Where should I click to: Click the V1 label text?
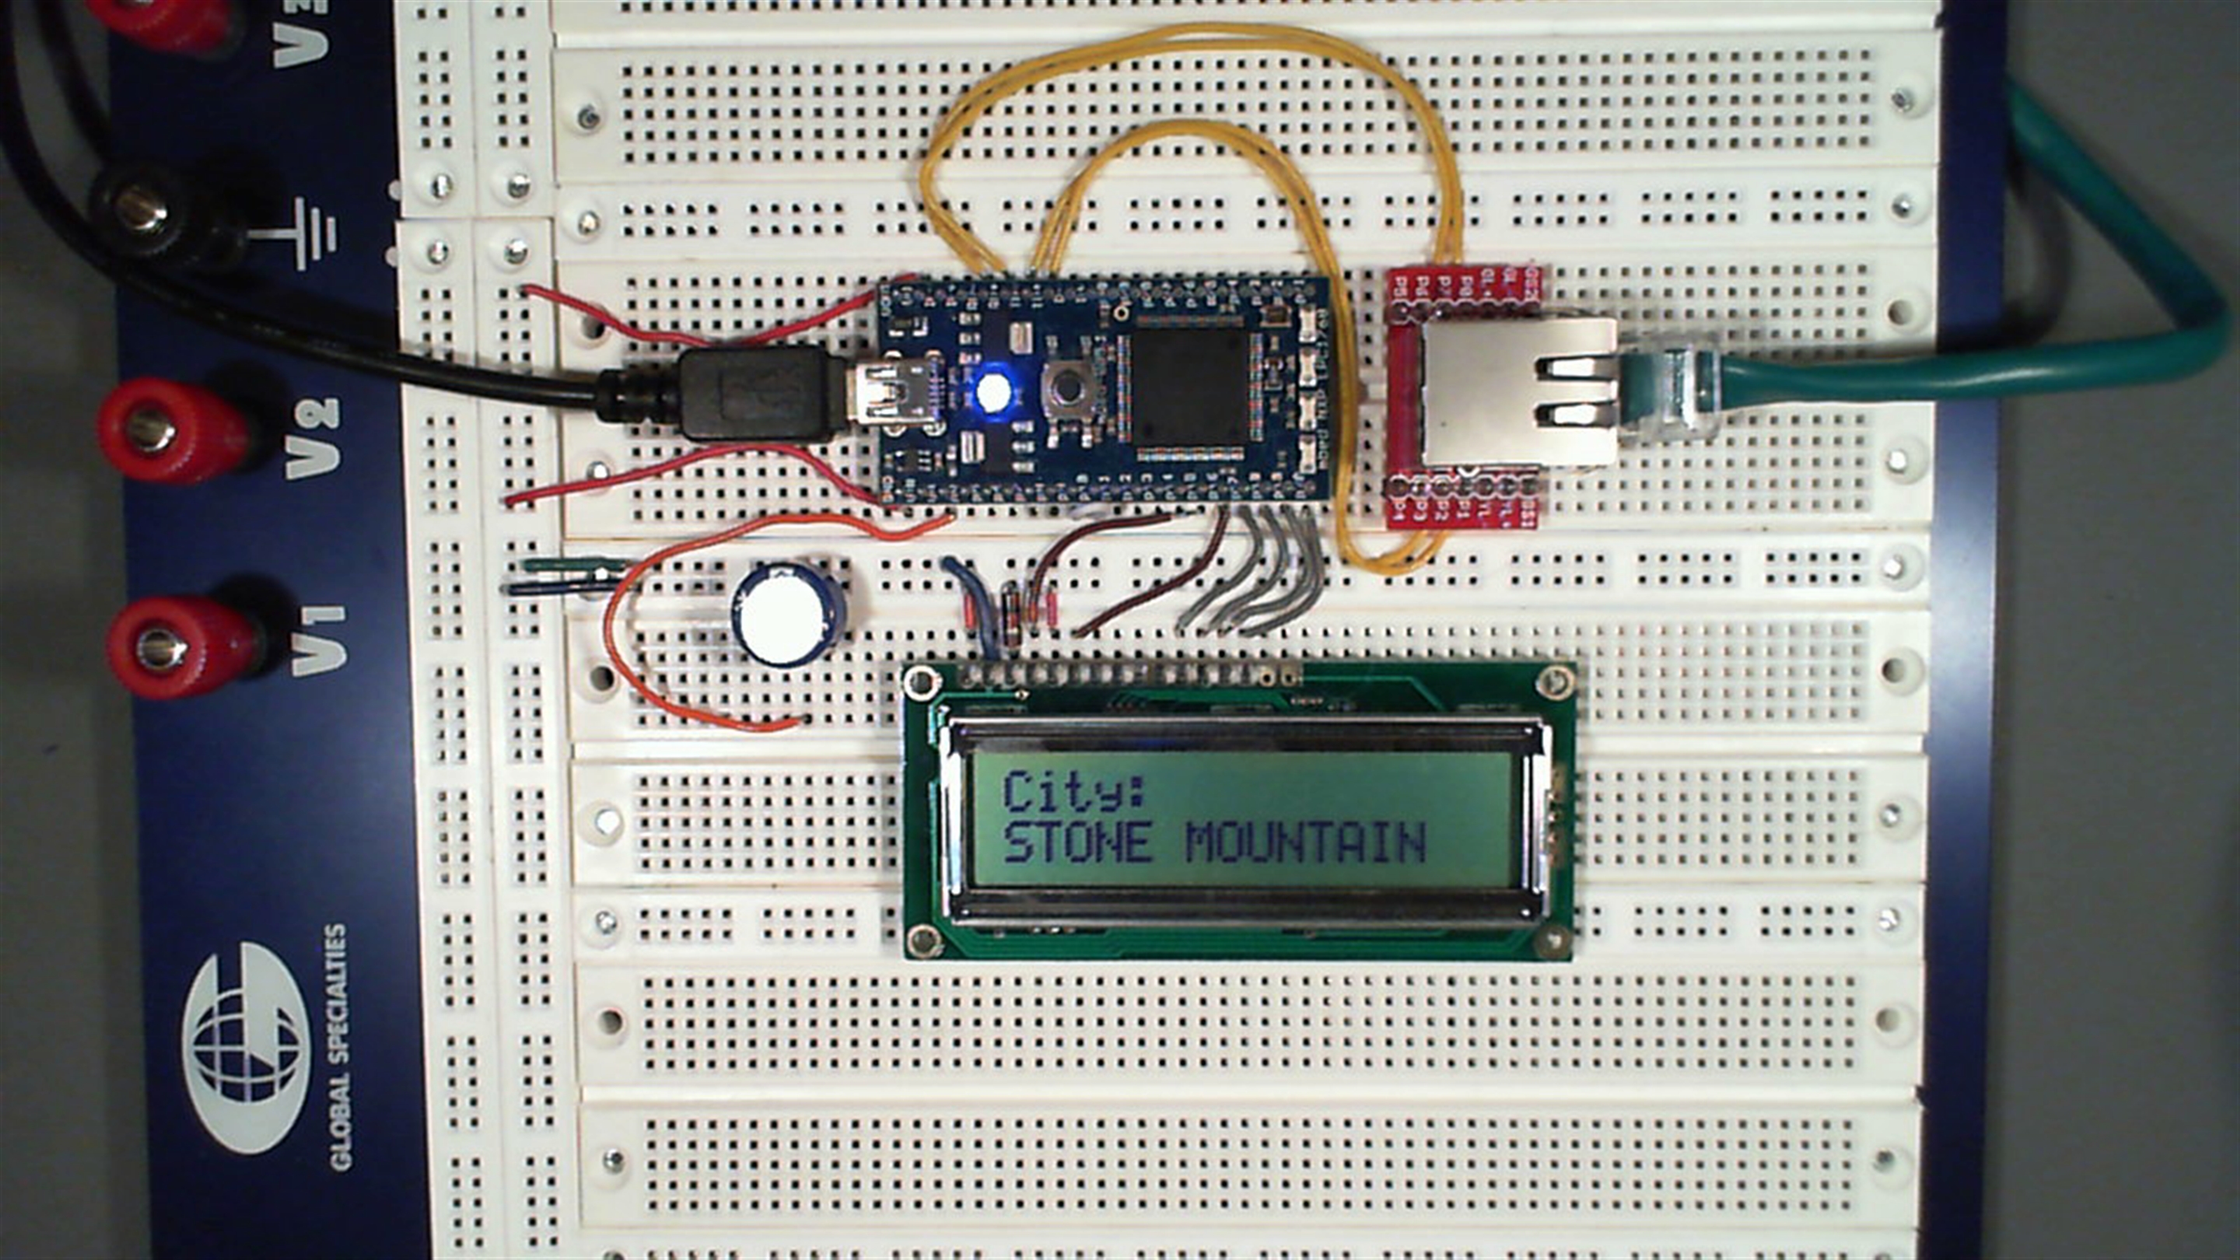[x=318, y=642]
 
